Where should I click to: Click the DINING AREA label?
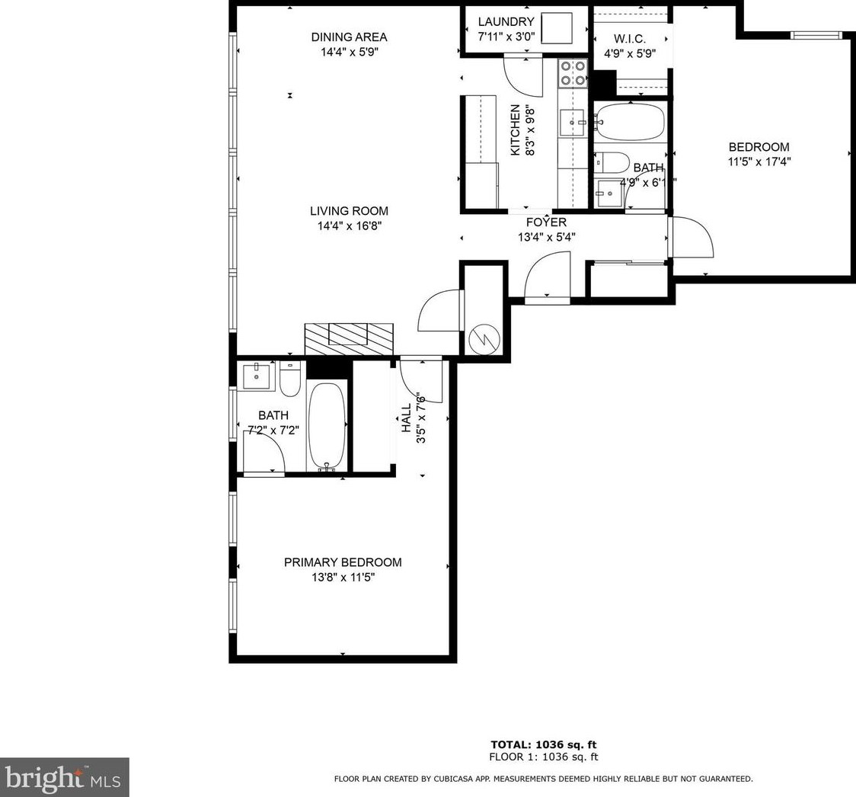point(349,37)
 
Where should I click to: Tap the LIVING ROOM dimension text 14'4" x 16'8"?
point(349,226)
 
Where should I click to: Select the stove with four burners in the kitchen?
point(573,74)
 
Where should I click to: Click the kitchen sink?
point(573,123)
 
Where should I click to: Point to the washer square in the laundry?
point(557,28)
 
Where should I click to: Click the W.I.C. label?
point(630,39)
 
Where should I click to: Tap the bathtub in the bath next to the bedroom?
point(631,123)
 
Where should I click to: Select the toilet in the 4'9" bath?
point(612,163)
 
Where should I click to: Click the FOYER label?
point(546,222)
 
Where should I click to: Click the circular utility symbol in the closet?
point(484,339)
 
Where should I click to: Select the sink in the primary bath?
point(257,376)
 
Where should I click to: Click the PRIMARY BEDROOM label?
point(343,562)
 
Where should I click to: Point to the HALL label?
point(406,418)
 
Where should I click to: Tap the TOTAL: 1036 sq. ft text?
point(544,744)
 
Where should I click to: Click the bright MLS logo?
point(64,777)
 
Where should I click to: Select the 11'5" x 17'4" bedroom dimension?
point(759,162)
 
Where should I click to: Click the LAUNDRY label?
point(506,22)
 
